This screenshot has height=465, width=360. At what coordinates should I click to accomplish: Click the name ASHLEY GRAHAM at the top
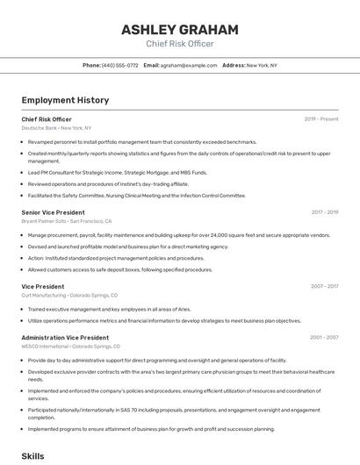point(179,29)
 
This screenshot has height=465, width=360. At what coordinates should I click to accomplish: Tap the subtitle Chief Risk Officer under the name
point(179,43)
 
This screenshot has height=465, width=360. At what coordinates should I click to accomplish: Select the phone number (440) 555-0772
point(120,65)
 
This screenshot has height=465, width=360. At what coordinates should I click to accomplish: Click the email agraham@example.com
point(189,65)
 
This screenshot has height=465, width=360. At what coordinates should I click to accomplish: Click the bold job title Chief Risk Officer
point(47,119)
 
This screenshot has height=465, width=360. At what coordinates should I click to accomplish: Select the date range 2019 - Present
point(321,119)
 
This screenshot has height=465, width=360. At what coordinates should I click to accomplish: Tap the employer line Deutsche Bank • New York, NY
point(56,128)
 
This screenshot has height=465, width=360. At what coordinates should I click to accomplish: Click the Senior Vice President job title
point(53,212)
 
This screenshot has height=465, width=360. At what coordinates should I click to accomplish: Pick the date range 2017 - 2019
point(324,212)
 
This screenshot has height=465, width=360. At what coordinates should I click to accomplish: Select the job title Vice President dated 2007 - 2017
point(42,286)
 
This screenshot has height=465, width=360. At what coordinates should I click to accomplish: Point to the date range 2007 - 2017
point(324,286)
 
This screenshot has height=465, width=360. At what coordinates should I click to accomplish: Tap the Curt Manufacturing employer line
point(69,295)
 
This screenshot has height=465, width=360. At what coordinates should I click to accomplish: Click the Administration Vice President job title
point(65,337)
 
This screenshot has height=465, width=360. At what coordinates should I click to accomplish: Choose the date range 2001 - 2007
point(324,337)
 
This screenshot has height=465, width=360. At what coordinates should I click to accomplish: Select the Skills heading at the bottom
point(32,456)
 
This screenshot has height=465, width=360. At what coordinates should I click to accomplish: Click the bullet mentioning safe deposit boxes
point(120,270)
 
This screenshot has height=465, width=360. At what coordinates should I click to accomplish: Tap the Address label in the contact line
point(233,65)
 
